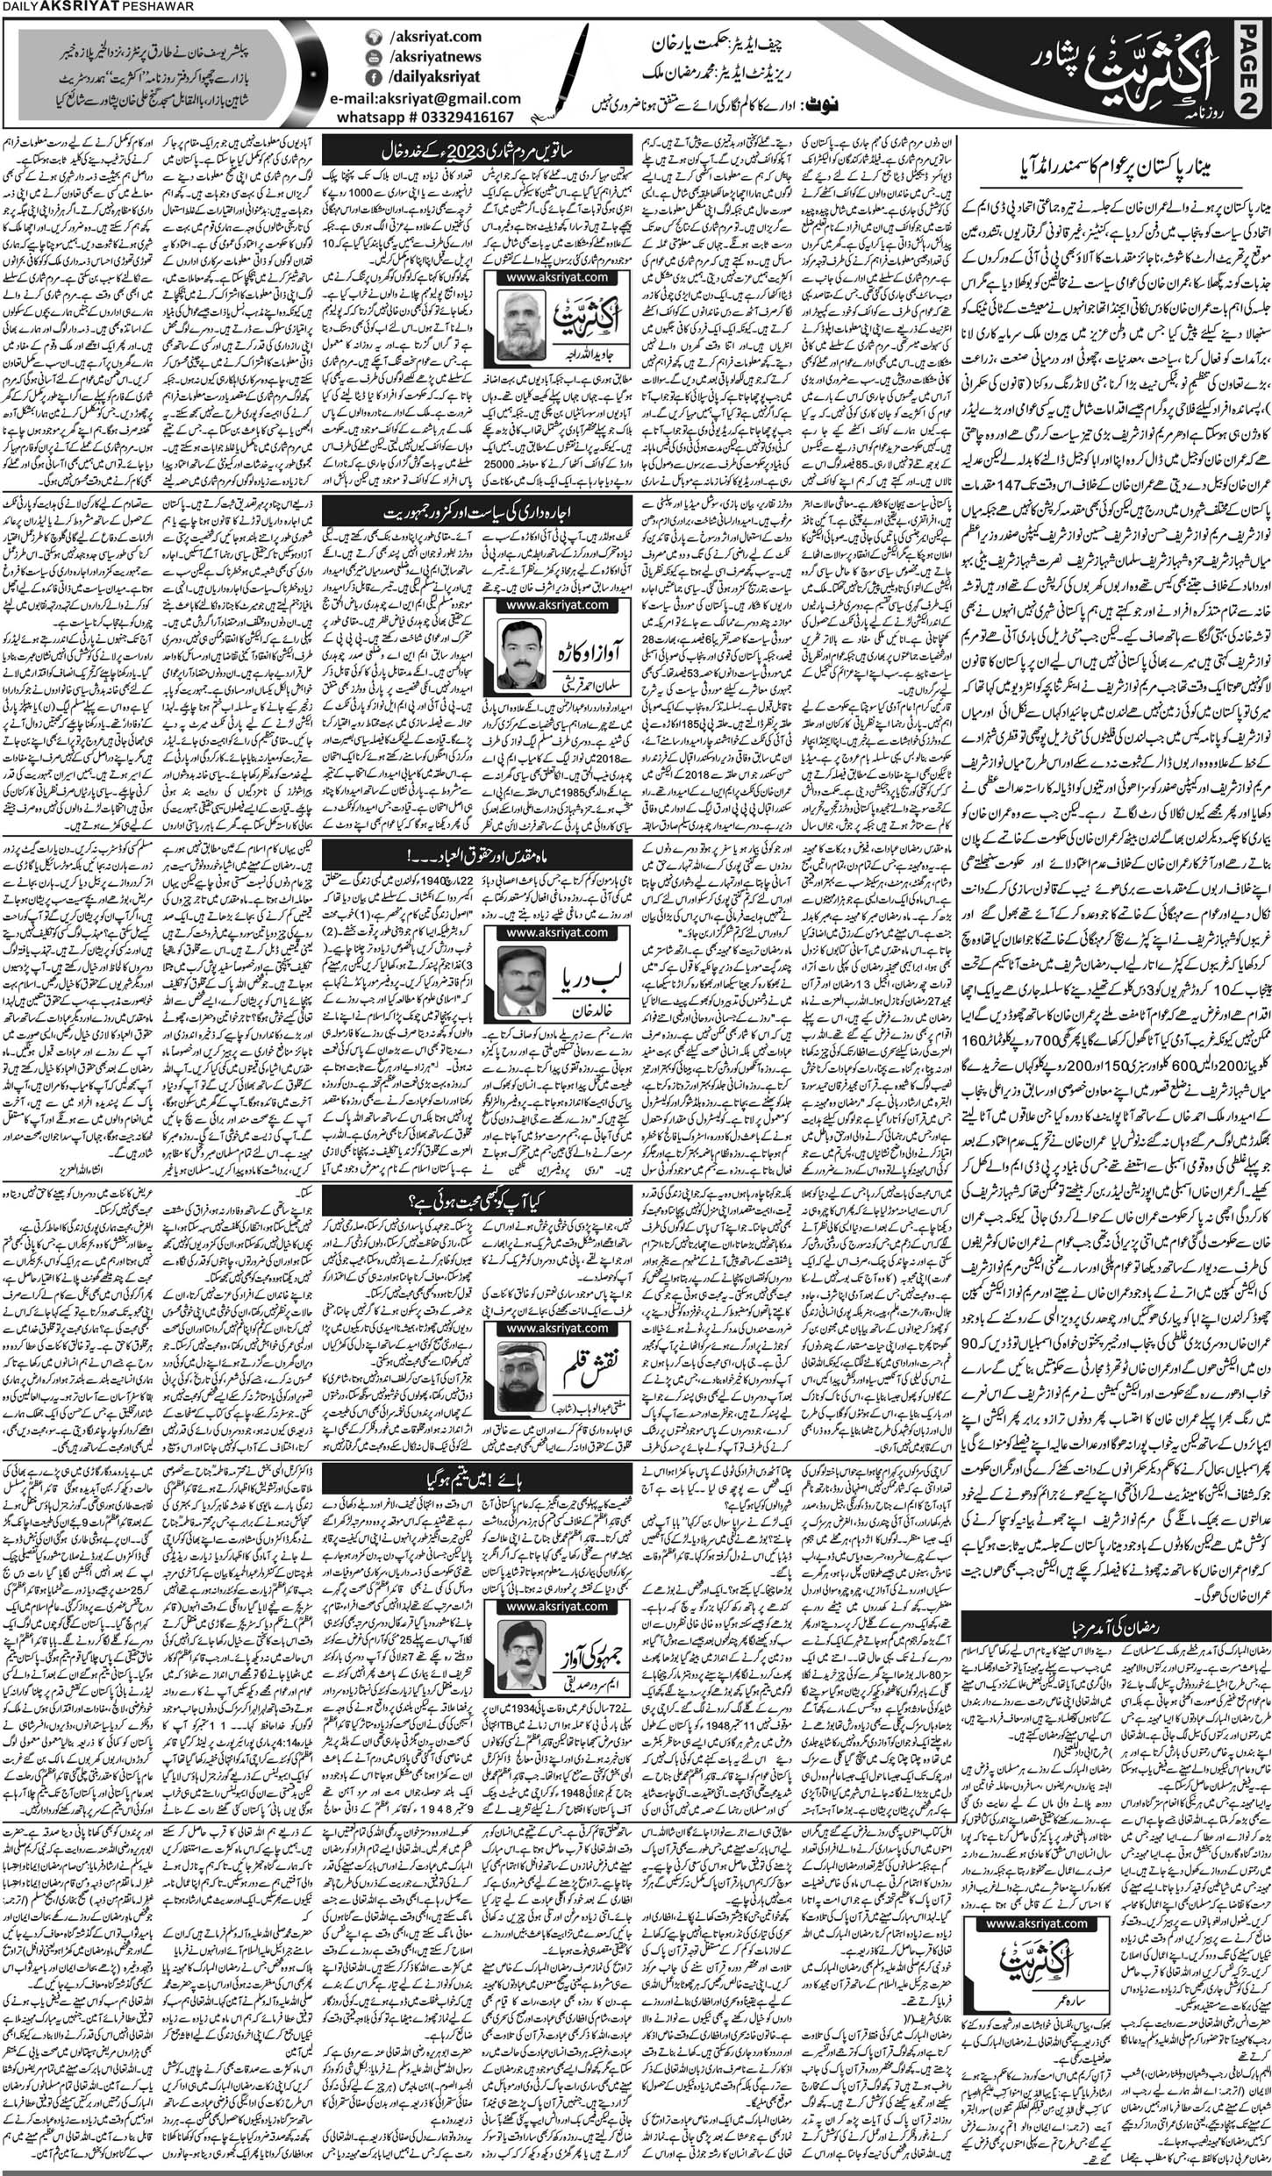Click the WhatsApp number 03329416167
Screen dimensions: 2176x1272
(439, 129)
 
